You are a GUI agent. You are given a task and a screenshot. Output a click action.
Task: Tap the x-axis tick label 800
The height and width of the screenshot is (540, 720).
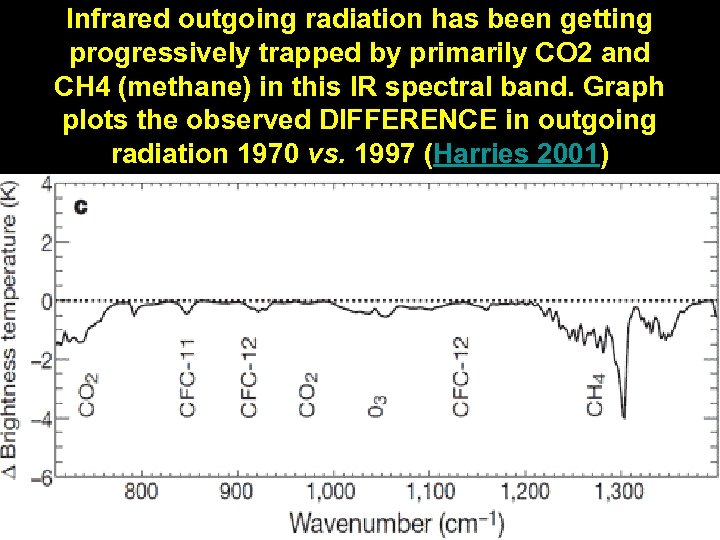pos(141,491)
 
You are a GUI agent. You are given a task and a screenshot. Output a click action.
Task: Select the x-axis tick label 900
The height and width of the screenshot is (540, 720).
pos(236,491)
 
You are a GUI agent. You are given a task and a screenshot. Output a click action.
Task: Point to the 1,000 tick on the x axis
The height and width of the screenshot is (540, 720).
pos(330,491)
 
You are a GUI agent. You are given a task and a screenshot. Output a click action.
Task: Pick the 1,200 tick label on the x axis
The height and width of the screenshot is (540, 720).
pos(525,491)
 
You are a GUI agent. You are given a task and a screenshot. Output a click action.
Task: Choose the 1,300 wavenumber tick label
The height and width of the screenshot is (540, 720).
pos(619,491)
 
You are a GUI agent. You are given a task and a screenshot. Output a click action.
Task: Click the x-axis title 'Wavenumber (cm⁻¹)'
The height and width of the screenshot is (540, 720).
pos(398,522)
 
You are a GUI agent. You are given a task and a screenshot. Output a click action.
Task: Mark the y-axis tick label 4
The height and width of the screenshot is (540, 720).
pos(45,185)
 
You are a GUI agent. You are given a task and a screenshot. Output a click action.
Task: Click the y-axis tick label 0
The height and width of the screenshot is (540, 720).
pos(45,301)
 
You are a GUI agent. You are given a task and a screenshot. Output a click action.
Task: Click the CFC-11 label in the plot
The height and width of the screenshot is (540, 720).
pos(189,377)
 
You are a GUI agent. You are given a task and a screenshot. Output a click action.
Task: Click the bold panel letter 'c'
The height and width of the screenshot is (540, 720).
pos(81,206)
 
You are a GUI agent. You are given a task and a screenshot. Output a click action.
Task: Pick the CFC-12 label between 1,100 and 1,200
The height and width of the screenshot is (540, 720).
pos(460,375)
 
